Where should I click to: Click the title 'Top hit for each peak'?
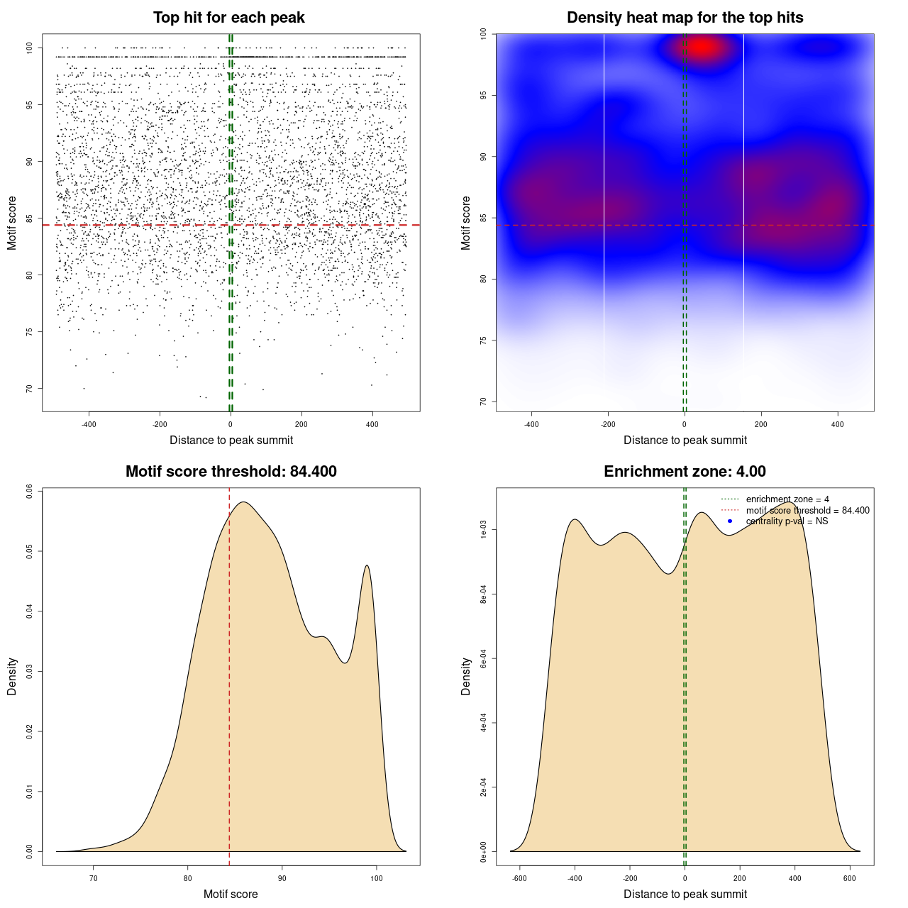click(228, 18)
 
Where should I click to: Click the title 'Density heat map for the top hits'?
click(685, 18)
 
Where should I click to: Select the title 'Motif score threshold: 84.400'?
click(231, 472)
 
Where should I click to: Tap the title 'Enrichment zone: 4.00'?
click(685, 472)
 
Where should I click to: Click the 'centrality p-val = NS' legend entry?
click(787, 521)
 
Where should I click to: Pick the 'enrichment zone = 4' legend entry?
click(787, 499)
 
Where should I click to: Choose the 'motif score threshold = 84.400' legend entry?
click(807, 511)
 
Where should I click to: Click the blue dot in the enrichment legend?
click(730, 521)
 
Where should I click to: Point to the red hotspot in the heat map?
click(702, 48)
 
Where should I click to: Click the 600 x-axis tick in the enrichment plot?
click(850, 878)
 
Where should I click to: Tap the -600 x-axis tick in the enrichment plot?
click(520, 878)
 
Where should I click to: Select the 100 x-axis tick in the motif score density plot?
click(377, 878)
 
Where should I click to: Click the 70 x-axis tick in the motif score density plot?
click(94, 878)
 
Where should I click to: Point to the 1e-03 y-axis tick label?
click(483, 529)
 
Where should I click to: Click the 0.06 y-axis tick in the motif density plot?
click(29, 491)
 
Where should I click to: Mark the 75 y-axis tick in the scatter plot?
click(29, 331)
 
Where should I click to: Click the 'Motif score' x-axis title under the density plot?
click(231, 894)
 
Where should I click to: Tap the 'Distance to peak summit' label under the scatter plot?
click(231, 440)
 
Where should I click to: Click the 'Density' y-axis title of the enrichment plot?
click(466, 676)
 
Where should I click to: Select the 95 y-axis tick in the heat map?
click(483, 95)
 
